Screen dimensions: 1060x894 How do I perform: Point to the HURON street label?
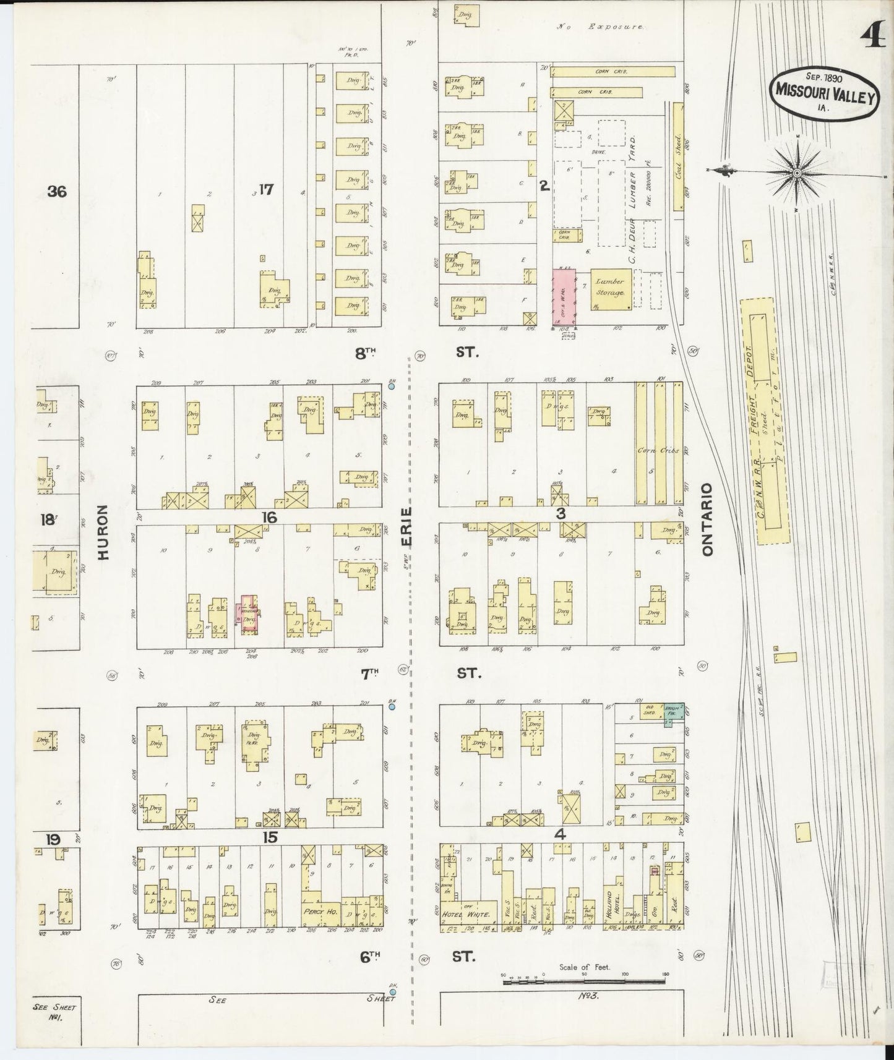[103, 532]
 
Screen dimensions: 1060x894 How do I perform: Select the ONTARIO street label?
[708, 519]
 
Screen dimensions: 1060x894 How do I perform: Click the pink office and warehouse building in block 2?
[564, 297]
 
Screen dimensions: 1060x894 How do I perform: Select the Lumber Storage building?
[611, 288]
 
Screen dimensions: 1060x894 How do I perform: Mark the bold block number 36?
[57, 192]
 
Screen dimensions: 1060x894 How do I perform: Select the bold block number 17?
[266, 189]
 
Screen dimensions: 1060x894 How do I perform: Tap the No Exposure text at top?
[600, 27]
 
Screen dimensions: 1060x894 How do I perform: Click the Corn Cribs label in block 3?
[660, 450]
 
